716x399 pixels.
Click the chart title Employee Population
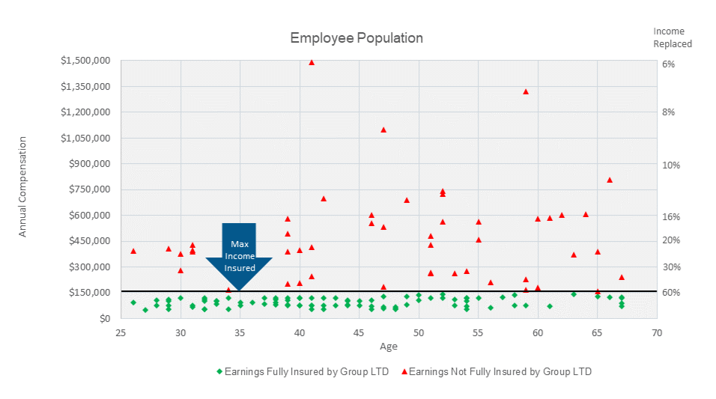357,38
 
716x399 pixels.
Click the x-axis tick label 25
121,331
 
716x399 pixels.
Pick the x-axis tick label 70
657,331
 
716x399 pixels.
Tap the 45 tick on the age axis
359,331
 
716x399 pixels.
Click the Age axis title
388,347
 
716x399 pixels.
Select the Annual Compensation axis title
22,186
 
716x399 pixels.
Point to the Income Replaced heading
672,37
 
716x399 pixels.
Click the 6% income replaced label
669,64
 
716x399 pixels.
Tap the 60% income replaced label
670,293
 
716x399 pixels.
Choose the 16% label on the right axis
670,217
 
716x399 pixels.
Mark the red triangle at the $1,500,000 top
312,62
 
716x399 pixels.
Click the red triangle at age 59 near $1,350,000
526,91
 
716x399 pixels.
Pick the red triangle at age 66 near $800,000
610,180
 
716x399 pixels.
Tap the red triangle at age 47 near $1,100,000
383,130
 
